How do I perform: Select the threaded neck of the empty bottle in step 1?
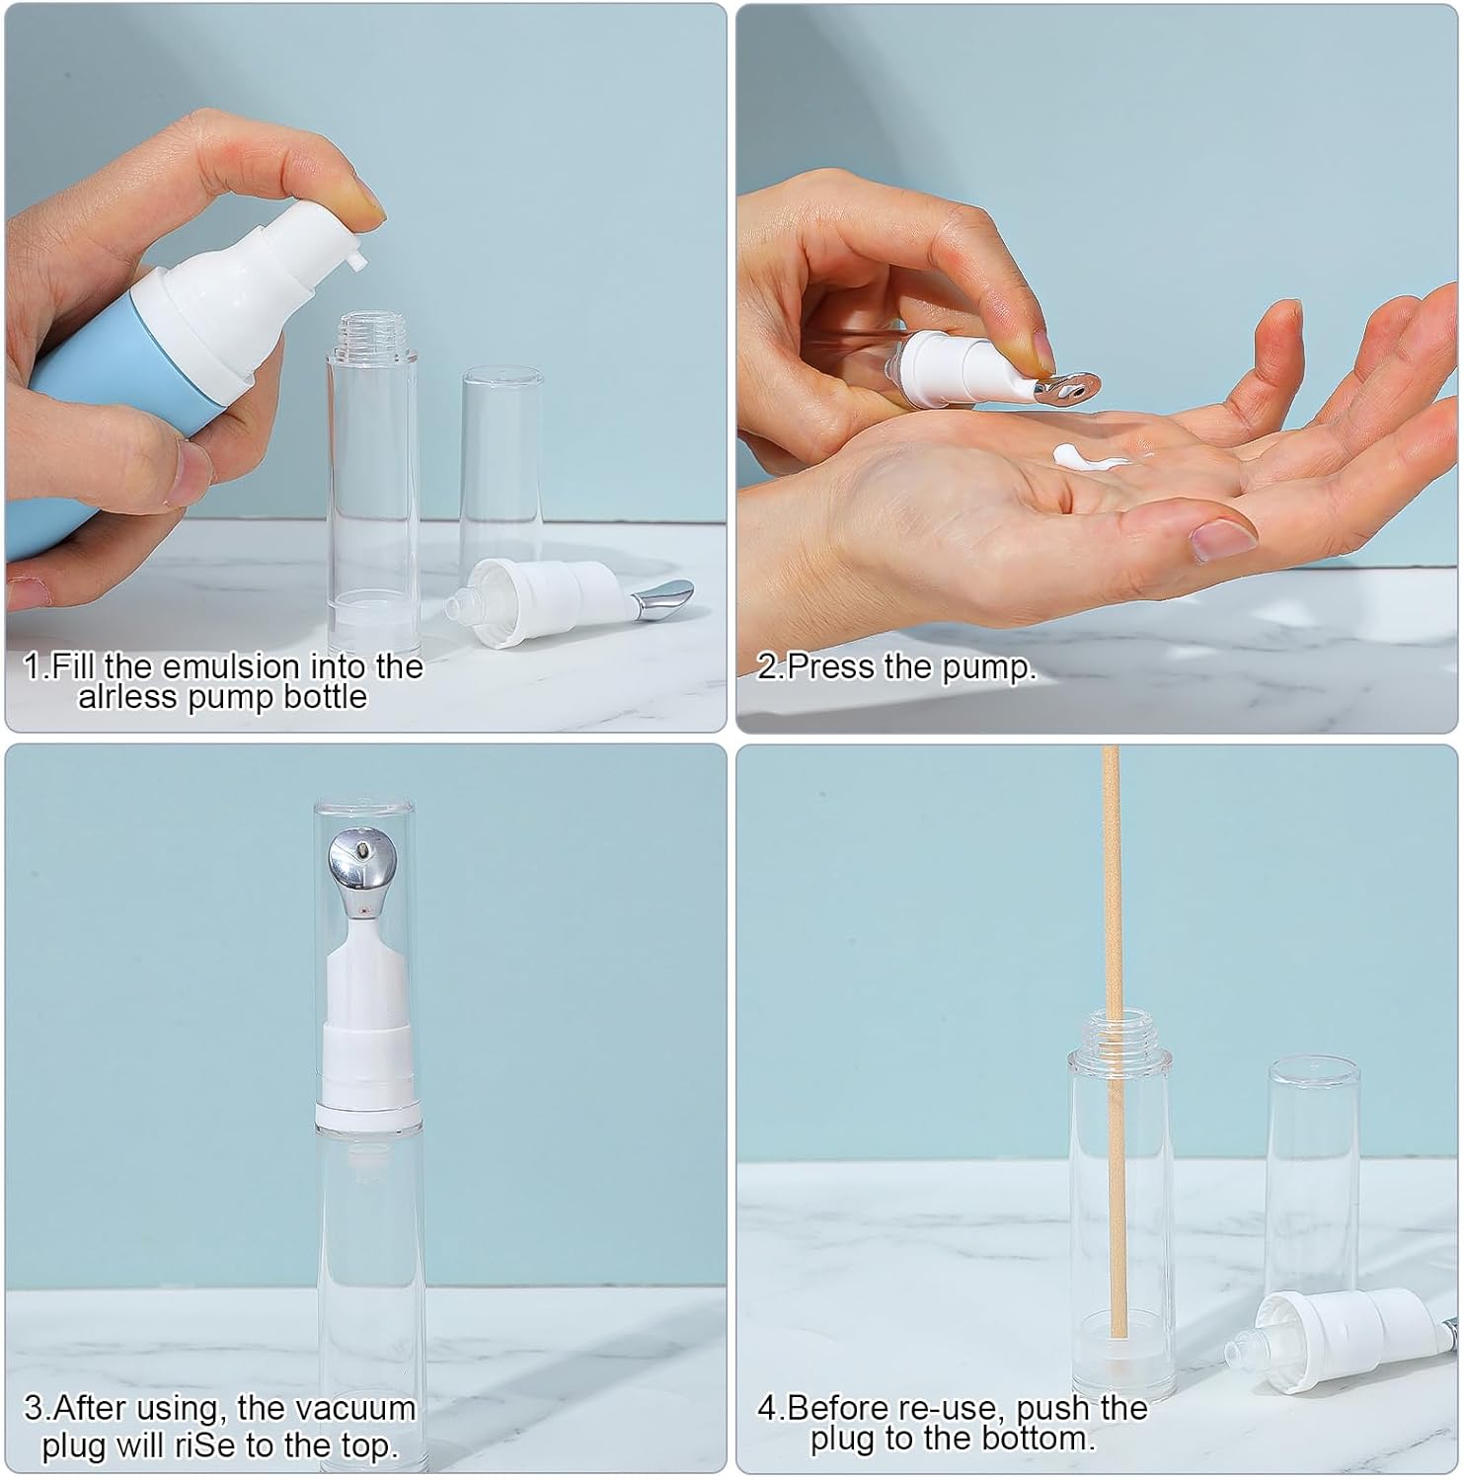tap(372, 333)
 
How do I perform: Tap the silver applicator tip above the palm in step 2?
tap(1066, 387)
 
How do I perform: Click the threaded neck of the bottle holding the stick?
tap(1119, 1031)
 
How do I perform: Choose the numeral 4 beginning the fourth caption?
tap(766, 1407)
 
